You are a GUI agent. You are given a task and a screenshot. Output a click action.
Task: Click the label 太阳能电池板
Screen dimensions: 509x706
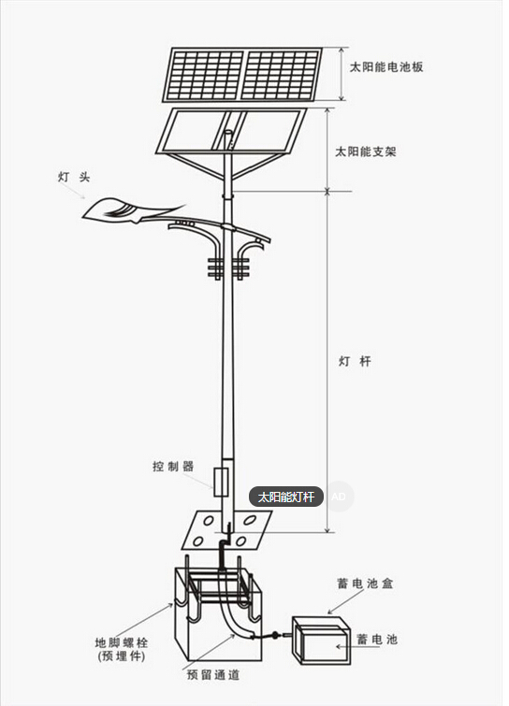[386, 67]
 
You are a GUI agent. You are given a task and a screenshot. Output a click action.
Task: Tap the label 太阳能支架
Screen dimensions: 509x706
[365, 151]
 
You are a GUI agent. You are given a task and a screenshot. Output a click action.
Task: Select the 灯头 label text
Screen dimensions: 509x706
[74, 177]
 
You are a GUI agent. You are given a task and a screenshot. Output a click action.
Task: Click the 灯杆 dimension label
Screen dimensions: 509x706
[355, 361]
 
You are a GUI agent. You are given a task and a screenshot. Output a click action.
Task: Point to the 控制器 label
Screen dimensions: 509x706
[173, 466]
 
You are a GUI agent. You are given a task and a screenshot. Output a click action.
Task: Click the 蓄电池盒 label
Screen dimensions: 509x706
[365, 584]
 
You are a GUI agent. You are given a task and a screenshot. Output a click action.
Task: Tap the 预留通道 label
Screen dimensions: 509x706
[213, 675]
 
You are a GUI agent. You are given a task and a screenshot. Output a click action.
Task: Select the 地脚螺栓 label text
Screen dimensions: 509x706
[122, 642]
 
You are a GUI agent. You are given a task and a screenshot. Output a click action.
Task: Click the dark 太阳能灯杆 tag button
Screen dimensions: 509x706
[286, 497]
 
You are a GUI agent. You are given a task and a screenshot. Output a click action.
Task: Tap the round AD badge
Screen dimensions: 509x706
[339, 497]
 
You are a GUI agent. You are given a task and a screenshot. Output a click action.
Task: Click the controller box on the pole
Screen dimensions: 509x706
[221, 482]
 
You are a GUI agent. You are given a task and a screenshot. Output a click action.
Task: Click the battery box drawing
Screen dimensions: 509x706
[321, 640]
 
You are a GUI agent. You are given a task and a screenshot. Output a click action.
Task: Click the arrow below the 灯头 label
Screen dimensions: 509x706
[72, 191]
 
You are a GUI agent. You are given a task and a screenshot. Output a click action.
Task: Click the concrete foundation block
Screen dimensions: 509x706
[218, 614]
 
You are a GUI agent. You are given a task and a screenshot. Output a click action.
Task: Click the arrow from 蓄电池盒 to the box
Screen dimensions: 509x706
[345, 601]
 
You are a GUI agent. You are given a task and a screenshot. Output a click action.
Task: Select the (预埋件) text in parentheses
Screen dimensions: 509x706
[122, 656]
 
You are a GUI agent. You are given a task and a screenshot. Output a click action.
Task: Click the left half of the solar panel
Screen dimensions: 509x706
[204, 74]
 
